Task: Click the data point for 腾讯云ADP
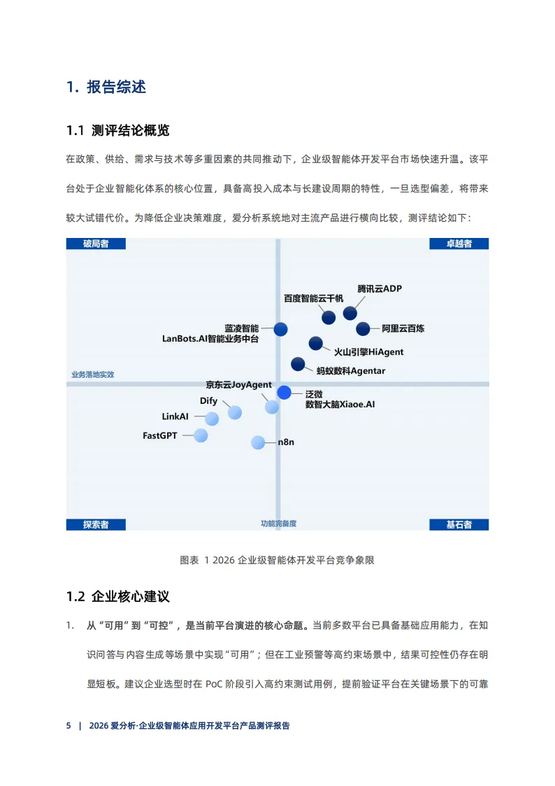[x=349, y=313]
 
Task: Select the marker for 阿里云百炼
[x=363, y=328]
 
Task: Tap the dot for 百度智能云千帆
[x=329, y=317]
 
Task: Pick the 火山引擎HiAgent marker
[x=316, y=343]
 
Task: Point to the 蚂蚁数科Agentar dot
[x=298, y=364]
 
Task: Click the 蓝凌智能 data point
[x=280, y=328]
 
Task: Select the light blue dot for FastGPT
[x=201, y=435]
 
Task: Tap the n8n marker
[x=258, y=442]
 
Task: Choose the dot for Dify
[x=235, y=412]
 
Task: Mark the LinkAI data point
[x=212, y=419]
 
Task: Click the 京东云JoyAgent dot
[x=272, y=407]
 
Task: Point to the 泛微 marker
[x=284, y=393]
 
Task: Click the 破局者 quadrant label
[x=96, y=244]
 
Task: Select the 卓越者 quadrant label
[x=459, y=244]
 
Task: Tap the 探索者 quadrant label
[x=96, y=524]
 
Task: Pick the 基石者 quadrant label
[x=459, y=524]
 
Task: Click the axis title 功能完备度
[x=278, y=524]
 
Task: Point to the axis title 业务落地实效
[x=92, y=374]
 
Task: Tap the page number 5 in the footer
[x=69, y=726]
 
